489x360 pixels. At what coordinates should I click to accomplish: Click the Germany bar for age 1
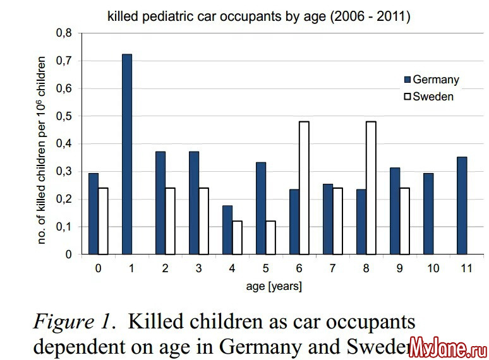tap(127, 154)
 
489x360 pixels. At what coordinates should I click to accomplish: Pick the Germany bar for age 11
tap(461, 206)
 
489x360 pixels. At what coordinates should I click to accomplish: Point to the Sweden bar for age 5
tap(270, 237)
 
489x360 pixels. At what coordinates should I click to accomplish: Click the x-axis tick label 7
tap(332, 268)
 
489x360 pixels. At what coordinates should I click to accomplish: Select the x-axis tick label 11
tap(466, 268)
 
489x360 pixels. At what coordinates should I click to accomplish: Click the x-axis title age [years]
tap(274, 287)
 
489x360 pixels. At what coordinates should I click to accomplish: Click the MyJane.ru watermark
tap(447, 347)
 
